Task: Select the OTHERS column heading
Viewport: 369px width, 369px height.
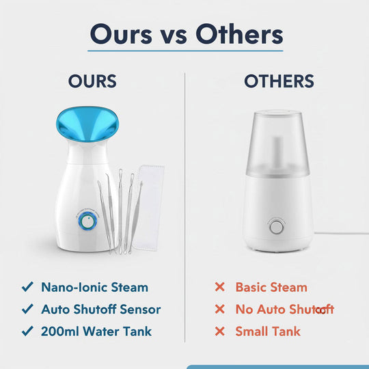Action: tap(279, 82)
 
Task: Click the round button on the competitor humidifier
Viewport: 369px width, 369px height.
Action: tap(277, 227)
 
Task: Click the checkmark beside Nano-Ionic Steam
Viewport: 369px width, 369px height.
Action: tap(27, 288)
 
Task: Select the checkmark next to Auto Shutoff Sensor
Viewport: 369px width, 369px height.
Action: tap(27, 310)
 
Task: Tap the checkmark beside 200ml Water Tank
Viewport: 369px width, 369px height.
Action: tap(27, 332)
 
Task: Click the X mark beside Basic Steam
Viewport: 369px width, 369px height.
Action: tap(219, 288)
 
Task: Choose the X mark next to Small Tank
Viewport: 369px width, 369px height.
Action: tap(219, 332)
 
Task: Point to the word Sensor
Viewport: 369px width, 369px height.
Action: tap(139, 310)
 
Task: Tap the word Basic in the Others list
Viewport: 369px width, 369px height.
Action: tap(251, 288)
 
